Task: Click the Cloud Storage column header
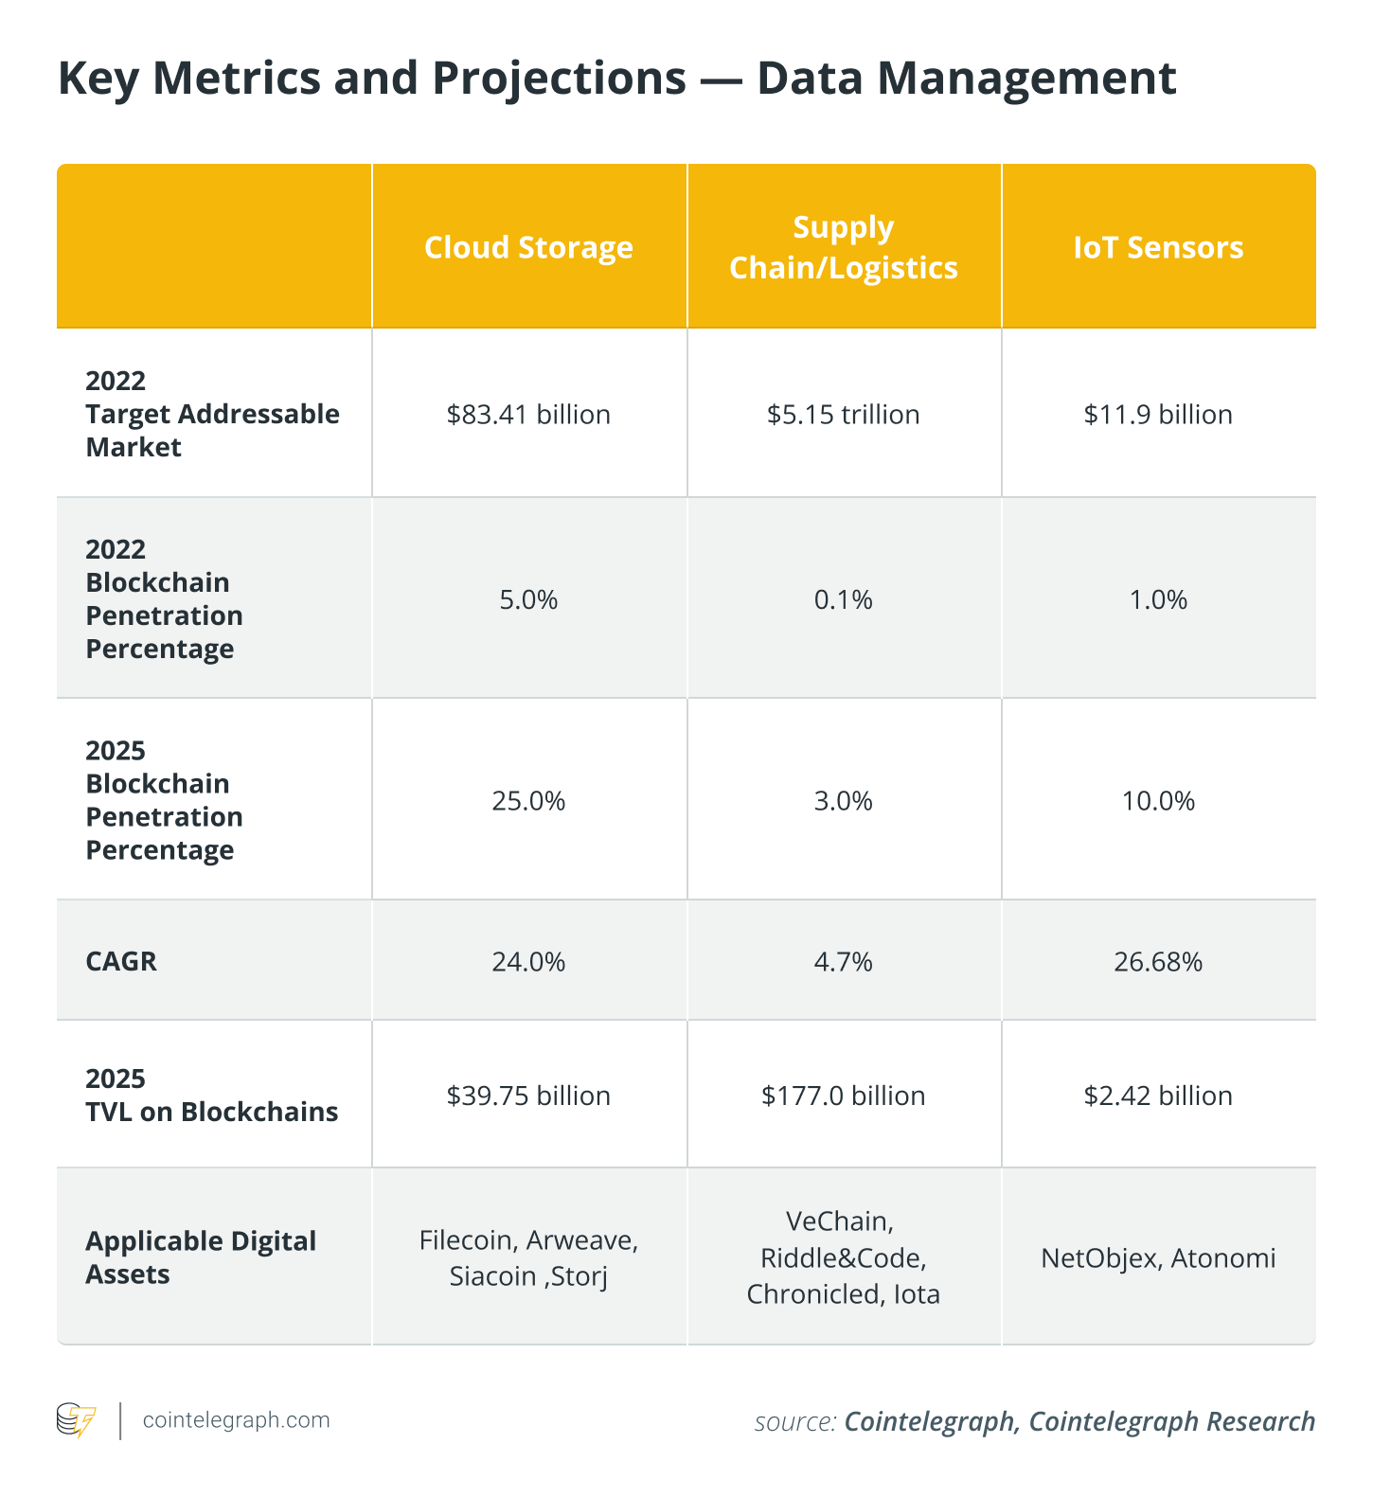click(x=528, y=247)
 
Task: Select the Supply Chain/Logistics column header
click(x=843, y=247)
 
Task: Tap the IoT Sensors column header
click(x=1158, y=247)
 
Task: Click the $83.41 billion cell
click(x=528, y=414)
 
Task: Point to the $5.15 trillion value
click(x=843, y=414)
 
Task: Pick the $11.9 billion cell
click(x=1158, y=414)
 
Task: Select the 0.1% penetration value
click(x=843, y=599)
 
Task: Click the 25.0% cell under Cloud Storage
click(x=528, y=801)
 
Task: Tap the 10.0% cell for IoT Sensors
click(x=1158, y=801)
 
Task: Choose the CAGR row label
click(x=121, y=961)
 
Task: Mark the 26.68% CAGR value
click(x=1158, y=962)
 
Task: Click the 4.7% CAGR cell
click(x=843, y=962)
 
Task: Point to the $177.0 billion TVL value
click(x=843, y=1096)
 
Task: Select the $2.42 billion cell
click(x=1158, y=1096)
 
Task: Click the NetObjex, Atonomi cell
click(x=1158, y=1257)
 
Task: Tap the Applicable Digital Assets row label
click(x=201, y=1257)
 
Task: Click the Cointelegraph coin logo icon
click(x=77, y=1420)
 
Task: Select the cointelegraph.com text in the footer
click(x=236, y=1420)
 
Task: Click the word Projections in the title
click(x=560, y=79)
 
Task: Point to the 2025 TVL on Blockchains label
click(x=211, y=1095)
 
